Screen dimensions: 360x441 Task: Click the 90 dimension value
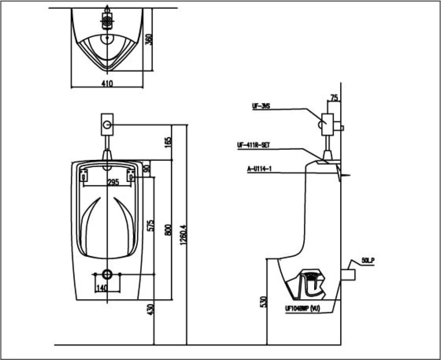point(147,168)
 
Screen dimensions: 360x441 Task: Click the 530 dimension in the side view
point(263,302)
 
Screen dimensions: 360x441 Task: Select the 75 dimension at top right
point(334,98)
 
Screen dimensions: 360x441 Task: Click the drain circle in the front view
point(107,274)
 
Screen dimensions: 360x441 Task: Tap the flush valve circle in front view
point(107,125)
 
